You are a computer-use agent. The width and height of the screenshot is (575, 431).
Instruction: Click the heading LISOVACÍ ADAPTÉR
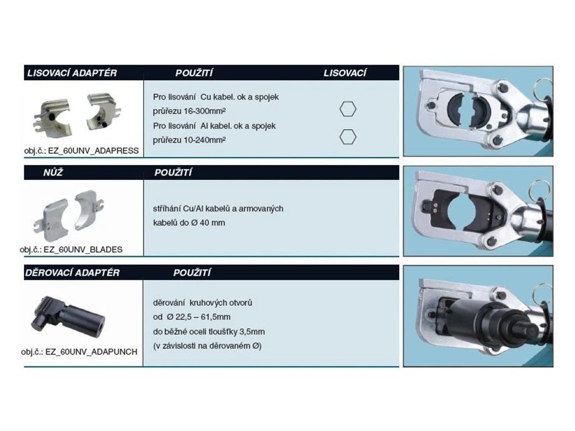click(72, 73)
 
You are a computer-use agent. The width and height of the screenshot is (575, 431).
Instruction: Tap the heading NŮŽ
click(53, 172)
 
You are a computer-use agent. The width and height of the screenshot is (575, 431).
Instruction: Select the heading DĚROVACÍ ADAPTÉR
click(72, 273)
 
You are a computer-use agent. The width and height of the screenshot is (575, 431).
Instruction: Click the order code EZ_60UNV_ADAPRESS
click(94, 150)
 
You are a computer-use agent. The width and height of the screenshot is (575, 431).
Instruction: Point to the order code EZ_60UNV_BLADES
click(83, 250)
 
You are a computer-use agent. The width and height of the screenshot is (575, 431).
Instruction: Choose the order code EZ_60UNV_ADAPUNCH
click(92, 351)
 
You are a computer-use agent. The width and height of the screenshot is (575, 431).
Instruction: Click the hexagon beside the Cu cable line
click(348, 109)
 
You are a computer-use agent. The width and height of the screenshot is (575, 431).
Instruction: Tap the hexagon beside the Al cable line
click(348, 137)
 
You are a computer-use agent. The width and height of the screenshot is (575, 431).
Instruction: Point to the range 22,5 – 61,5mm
click(203, 317)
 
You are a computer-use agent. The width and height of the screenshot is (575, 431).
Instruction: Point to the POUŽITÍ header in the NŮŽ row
click(173, 172)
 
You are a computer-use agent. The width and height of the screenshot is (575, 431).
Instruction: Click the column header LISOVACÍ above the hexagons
click(345, 73)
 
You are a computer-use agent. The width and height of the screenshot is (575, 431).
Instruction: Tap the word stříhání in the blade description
click(167, 209)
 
